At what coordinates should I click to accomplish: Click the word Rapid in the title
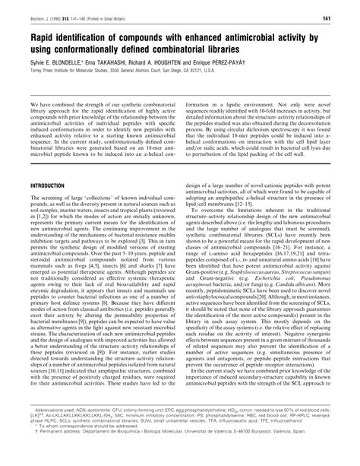pos(43,35)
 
